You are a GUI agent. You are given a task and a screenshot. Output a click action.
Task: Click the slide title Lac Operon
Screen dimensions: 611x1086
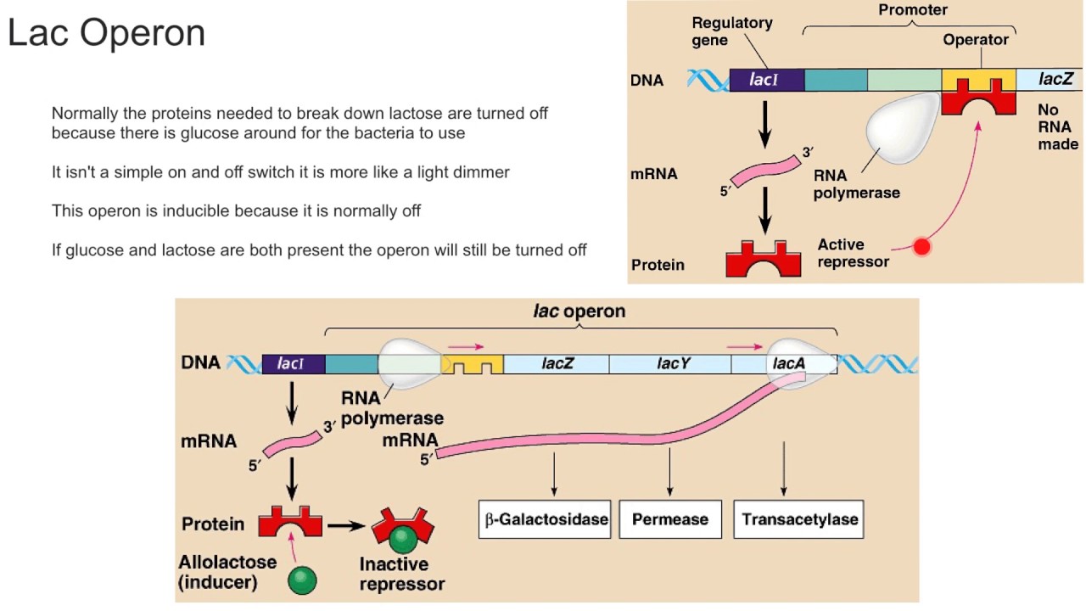coord(106,33)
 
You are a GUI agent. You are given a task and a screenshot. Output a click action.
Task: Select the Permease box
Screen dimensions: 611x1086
coord(669,519)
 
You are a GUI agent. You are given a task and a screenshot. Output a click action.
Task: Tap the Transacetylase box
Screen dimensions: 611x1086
coord(799,519)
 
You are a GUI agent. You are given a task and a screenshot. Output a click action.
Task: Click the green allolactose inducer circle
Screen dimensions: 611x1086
coord(302,580)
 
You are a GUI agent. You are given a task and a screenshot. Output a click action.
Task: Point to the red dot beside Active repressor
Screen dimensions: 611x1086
coord(921,247)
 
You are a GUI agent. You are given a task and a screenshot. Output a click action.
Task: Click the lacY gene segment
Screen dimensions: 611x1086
coord(669,364)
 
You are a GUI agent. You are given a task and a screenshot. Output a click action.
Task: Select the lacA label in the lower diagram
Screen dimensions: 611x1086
coord(788,363)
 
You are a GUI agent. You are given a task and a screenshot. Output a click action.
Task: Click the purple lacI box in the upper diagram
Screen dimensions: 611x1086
coord(765,81)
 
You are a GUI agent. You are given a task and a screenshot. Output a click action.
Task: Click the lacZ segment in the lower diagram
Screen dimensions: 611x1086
coord(557,364)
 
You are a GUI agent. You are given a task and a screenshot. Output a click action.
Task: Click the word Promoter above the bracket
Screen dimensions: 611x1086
coord(912,10)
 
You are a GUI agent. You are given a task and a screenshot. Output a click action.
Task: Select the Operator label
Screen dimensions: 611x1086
coord(976,40)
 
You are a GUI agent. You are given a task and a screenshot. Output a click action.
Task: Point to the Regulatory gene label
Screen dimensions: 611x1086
coord(731,31)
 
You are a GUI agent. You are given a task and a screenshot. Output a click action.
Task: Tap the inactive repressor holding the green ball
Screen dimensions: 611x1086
coord(403,533)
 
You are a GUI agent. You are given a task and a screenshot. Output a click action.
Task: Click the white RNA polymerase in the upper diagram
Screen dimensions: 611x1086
coord(899,124)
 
